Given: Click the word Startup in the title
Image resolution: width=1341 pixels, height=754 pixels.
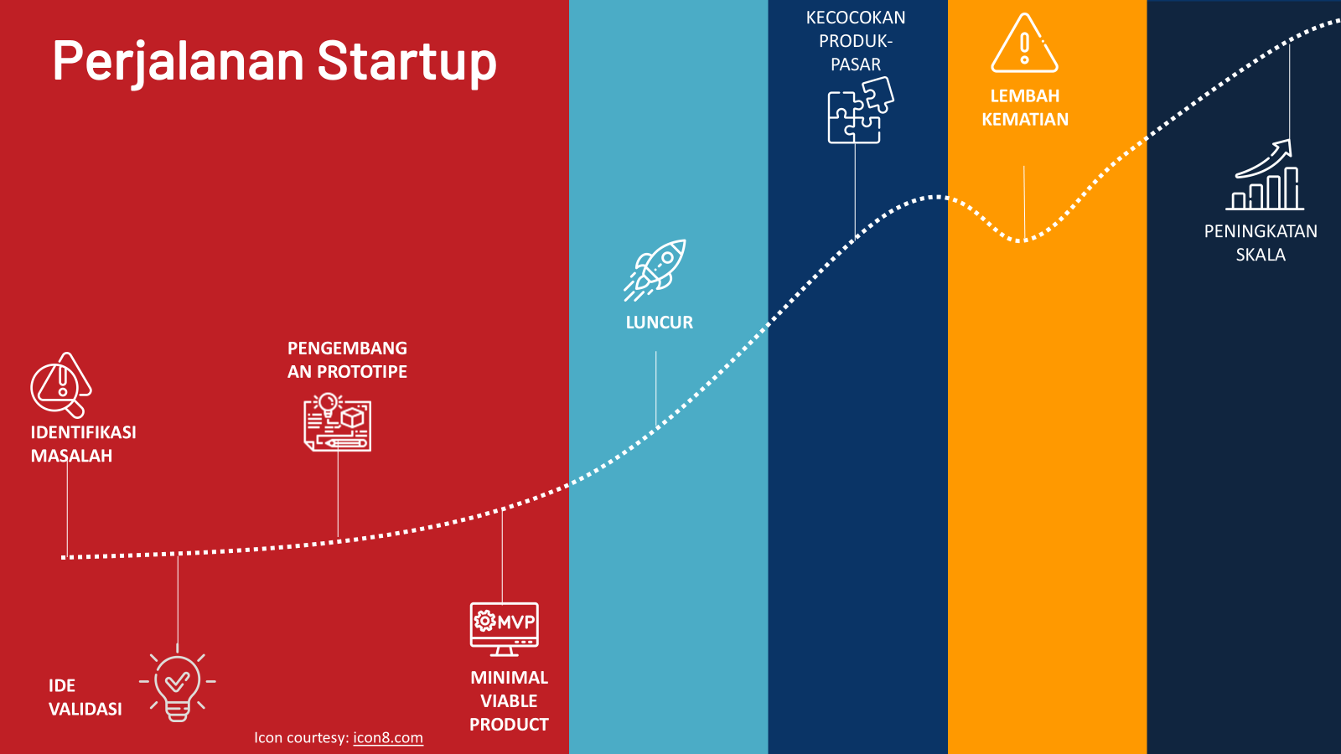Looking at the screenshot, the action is coord(407,62).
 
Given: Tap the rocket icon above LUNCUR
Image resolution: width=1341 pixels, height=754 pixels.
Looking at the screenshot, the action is coord(655,270).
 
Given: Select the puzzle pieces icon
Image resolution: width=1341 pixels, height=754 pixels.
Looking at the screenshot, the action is coord(861,111).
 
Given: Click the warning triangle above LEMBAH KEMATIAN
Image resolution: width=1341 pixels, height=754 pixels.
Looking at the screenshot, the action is coord(1024,43).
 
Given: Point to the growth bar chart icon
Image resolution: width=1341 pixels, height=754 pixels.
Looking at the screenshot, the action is coord(1265,175).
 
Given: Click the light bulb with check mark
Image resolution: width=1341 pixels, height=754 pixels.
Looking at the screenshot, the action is coord(177,688).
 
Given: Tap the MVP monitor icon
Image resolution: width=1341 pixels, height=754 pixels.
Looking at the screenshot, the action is coord(504,629).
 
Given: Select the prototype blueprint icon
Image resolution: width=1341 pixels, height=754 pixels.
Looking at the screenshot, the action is coord(337,422).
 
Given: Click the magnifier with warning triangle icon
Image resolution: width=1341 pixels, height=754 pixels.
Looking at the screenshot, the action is coord(60,385).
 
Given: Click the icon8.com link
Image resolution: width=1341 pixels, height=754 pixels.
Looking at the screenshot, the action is coord(388,738).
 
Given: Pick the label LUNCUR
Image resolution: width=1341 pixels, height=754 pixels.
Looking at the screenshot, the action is coord(659,323).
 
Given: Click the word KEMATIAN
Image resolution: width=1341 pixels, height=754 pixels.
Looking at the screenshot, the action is coord(1025,120).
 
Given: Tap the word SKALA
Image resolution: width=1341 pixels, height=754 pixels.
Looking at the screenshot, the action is coord(1261,255).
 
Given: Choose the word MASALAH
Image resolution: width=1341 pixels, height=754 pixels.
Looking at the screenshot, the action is coord(71,456).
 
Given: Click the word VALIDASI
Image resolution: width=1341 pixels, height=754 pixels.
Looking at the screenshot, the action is coord(85,709).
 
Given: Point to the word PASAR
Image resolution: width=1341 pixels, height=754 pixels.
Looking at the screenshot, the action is coord(856,65).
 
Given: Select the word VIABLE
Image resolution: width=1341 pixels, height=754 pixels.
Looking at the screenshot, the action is coord(509,700).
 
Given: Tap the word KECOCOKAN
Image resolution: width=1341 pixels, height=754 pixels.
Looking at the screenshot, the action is coord(856,18).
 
